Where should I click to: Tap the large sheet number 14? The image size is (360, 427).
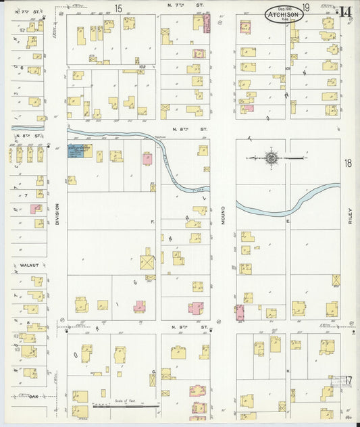pyautogui.click(x=346, y=11)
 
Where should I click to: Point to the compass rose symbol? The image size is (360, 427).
pyautogui.click(x=270, y=158)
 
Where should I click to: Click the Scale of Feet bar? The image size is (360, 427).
pyautogui.click(x=126, y=405)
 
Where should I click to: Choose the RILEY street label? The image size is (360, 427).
pyautogui.click(x=351, y=216)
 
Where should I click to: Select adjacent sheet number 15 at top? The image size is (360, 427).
pyautogui.click(x=118, y=8)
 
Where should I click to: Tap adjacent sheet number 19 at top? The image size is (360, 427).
pyautogui.click(x=305, y=8)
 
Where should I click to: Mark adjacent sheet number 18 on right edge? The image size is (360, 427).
pyautogui.click(x=348, y=163)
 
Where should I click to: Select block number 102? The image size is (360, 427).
pyautogui.click(x=142, y=67)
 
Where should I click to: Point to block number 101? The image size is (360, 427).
pyautogui.click(x=286, y=68)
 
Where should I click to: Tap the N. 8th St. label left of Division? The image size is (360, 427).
pyautogui.click(x=34, y=136)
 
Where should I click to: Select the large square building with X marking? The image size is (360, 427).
pyautogui.click(x=147, y=262)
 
